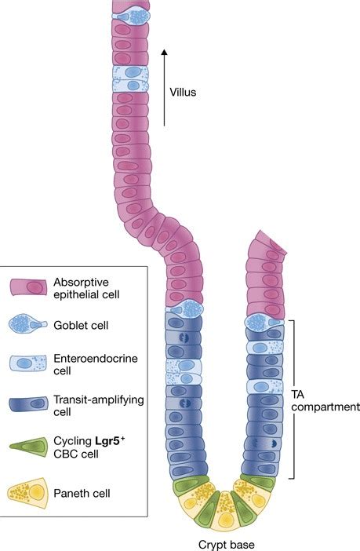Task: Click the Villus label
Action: [183, 93]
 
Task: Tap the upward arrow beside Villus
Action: [164, 87]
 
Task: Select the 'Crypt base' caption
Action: [226, 544]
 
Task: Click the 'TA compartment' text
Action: [325, 400]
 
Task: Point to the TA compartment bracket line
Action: [293, 400]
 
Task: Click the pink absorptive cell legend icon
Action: [28, 287]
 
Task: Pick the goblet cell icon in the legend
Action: [27, 323]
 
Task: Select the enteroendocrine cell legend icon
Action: [28, 363]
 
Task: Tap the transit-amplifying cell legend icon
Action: [28, 403]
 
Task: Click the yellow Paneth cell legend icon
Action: [27, 493]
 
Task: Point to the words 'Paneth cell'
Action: [82, 493]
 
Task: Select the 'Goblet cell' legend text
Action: [81, 325]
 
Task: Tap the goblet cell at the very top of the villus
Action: [131, 16]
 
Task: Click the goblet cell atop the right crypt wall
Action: [264, 323]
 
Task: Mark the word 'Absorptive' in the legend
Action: [81, 283]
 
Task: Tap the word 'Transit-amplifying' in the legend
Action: [99, 400]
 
